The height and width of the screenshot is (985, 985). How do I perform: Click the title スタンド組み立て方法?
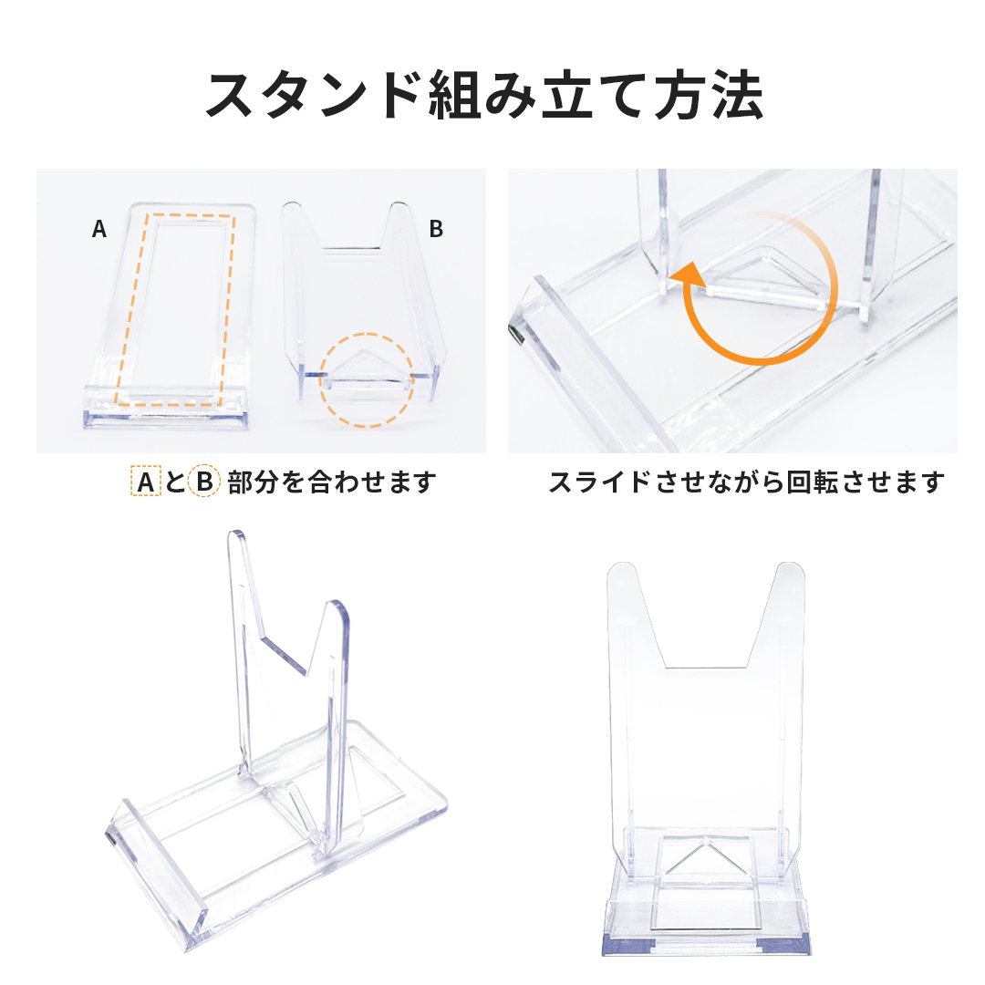click(x=484, y=96)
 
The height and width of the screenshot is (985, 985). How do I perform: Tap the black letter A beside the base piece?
click(x=99, y=229)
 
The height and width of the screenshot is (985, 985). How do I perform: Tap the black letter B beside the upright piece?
click(x=436, y=229)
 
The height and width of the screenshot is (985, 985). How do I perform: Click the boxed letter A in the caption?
click(x=146, y=482)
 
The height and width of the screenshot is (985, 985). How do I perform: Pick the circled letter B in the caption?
click(x=204, y=482)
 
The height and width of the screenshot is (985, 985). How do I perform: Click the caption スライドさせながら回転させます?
click(x=747, y=482)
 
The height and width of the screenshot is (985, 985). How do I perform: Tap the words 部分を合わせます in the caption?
click(x=332, y=482)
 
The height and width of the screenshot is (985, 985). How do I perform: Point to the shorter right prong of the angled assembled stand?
click(x=337, y=722)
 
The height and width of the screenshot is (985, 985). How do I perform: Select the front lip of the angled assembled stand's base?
click(x=157, y=867)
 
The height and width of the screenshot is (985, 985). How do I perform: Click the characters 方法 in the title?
click(x=709, y=96)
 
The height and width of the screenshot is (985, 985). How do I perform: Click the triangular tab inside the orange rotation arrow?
click(x=763, y=276)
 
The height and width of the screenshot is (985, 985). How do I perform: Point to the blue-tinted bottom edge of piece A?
click(x=165, y=419)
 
